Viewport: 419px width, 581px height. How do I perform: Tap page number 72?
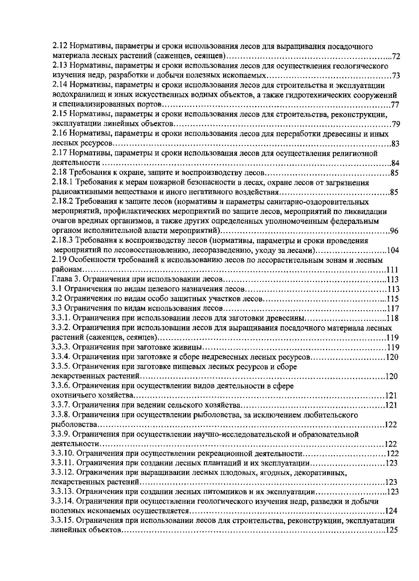(396, 56)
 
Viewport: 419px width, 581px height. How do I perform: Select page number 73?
(396, 76)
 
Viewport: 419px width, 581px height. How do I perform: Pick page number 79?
(396, 124)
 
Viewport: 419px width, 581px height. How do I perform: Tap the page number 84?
(395, 163)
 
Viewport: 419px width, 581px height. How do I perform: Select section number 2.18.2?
(62, 202)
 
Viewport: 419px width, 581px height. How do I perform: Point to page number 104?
(393, 250)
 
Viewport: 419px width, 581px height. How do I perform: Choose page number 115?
(393, 299)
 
